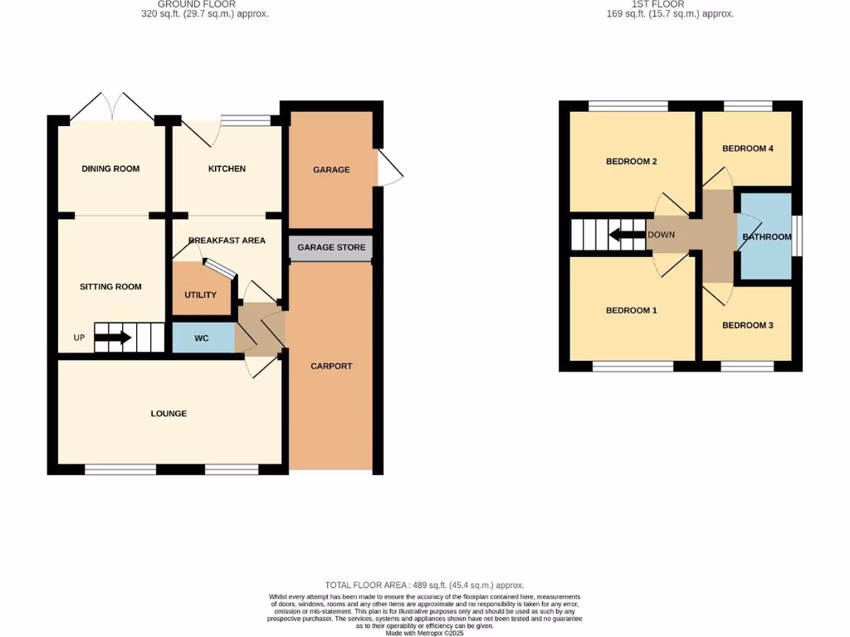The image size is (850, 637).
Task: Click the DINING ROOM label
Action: [x=110, y=169]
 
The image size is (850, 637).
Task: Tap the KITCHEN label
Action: [x=227, y=169]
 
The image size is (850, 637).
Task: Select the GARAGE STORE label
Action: [x=331, y=248]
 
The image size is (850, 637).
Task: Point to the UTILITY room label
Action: [x=200, y=295]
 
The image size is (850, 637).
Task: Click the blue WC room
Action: [x=202, y=338]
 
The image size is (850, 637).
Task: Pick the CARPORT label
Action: [x=331, y=367]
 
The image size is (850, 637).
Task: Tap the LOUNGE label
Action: [x=169, y=414]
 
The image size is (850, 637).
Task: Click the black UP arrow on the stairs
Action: [x=113, y=338]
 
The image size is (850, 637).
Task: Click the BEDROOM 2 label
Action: [x=631, y=162]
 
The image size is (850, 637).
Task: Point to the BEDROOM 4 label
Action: [x=747, y=149]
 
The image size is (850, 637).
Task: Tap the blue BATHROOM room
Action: [x=765, y=237]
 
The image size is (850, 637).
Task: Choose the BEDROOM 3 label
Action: [x=747, y=326]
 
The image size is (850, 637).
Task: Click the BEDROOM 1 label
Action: [x=631, y=311]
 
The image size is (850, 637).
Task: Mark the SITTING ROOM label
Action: [x=110, y=287]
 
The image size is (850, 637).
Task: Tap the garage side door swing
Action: [x=388, y=168]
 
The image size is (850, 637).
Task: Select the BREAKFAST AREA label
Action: [x=227, y=241]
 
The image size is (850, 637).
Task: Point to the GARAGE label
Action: [x=331, y=170]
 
